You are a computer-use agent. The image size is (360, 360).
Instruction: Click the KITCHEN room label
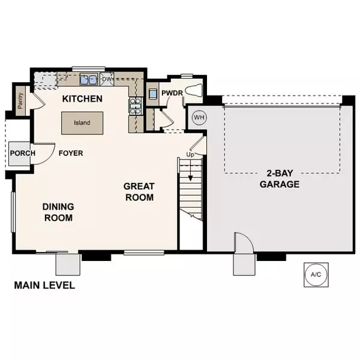83,98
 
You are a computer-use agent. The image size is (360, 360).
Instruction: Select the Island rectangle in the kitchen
82,122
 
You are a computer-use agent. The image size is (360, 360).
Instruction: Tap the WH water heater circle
199,118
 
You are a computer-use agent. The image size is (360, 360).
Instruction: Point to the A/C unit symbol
316,274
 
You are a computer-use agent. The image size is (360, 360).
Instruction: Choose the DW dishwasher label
107,79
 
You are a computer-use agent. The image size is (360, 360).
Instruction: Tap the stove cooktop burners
135,106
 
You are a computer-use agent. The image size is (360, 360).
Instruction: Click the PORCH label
23,153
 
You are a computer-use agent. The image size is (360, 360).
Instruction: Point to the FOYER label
71,153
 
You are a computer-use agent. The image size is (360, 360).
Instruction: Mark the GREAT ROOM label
139,191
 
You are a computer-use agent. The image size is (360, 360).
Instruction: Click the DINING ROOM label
58,212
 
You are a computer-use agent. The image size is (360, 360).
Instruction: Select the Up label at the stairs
191,155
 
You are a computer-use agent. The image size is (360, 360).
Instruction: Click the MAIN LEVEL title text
44,285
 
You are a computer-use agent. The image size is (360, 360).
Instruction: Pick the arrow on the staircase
191,173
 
